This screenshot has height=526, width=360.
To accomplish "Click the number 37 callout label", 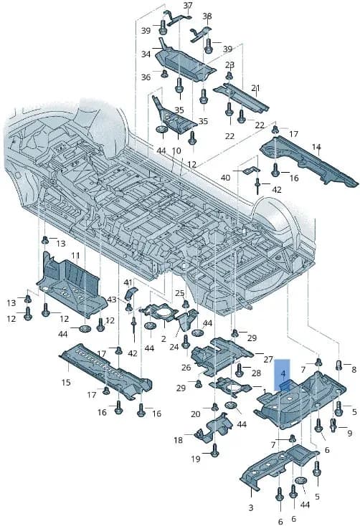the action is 188,5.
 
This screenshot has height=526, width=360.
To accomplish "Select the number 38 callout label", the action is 207,16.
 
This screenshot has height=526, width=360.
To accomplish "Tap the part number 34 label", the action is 146,54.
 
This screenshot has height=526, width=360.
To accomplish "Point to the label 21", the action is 255,88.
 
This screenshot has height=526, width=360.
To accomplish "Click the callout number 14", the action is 316,147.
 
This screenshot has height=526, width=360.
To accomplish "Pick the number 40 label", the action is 225,177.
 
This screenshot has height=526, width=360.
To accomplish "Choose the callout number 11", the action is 75,256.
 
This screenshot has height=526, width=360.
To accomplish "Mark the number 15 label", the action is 66,382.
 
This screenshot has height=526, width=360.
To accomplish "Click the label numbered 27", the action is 268,360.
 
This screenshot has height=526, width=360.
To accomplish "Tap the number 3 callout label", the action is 251,507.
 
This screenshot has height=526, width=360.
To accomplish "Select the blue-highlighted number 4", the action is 283,373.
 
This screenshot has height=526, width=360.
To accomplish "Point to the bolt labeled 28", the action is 239,370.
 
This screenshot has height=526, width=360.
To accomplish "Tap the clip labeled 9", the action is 333,425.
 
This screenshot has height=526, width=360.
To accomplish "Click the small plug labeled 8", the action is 338,364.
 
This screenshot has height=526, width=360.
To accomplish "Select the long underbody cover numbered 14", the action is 307,161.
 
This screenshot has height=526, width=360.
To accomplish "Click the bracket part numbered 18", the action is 214,429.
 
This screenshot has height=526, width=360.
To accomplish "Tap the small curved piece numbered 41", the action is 131,294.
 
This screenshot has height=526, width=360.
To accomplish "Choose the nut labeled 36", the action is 164,73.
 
